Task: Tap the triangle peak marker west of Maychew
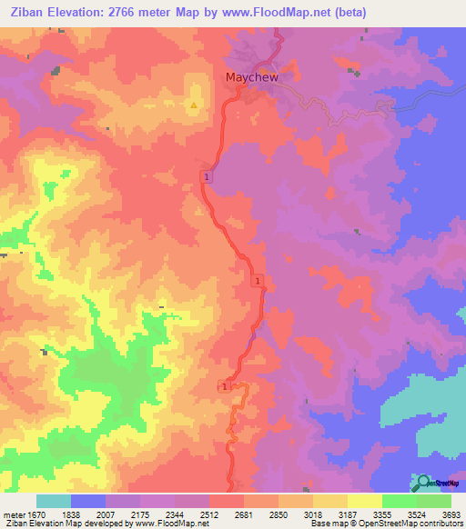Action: pos(193,105)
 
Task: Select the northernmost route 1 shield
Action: pos(208,176)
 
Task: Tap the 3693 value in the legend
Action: pos(451,514)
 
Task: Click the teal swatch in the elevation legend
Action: pos(54,501)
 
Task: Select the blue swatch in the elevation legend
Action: pos(88,501)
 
